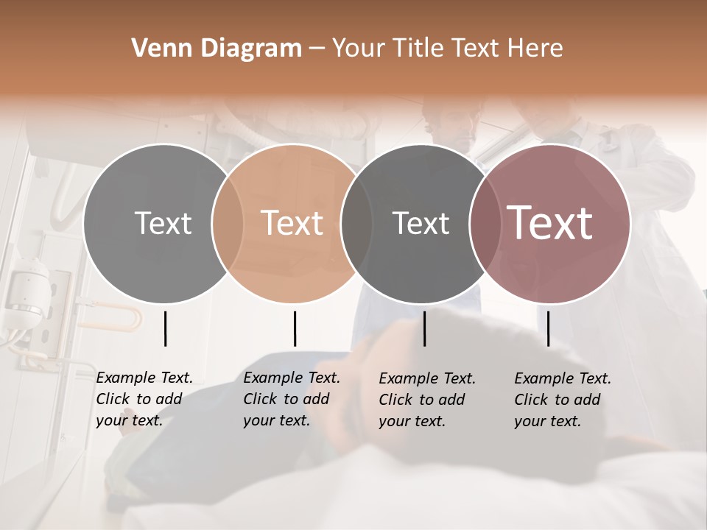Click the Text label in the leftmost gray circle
pyautogui.click(x=163, y=223)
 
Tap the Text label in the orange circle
pyautogui.click(x=292, y=223)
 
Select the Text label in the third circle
pyautogui.click(x=421, y=223)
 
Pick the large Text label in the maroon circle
pyautogui.click(x=550, y=223)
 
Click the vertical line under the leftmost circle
pyautogui.click(x=165, y=328)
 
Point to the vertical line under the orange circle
pyautogui.click(x=295, y=328)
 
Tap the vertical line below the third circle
pyautogui.click(x=424, y=328)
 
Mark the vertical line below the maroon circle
pyautogui.click(x=548, y=328)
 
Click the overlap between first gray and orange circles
pyautogui.click(x=228, y=223)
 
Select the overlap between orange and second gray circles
pyautogui.click(x=356, y=223)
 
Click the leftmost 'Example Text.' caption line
pyautogui.click(x=144, y=378)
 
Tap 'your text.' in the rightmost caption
pyautogui.click(x=547, y=421)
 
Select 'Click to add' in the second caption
pyautogui.click(x=286, y=399)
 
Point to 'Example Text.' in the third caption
pyautogui.click(x=427, y=378)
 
